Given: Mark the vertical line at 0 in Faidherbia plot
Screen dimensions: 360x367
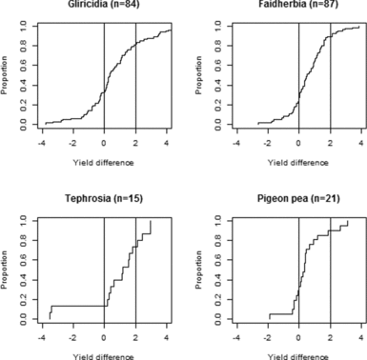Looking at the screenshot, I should click(x=298, y=76).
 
